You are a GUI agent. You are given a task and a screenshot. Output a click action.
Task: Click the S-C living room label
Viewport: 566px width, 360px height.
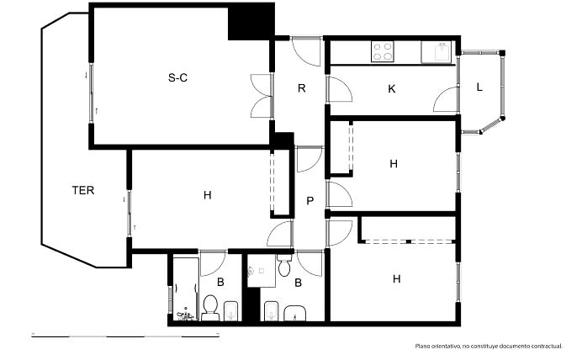point(177,77)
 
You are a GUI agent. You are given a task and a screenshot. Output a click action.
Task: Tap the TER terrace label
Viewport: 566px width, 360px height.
point(83,190)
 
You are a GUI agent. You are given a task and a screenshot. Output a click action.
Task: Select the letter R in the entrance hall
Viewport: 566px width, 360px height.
point(302,88)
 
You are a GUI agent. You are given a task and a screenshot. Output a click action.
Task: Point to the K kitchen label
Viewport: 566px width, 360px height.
point(392,88)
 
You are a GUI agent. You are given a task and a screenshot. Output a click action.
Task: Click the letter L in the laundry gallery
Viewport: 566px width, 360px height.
point(479,87)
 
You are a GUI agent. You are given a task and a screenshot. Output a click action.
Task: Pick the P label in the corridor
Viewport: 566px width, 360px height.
point(309,201)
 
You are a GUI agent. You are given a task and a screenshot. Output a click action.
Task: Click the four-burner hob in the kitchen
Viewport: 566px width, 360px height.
point(383,51)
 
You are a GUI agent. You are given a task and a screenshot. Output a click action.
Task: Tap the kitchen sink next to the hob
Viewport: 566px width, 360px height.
point(436,52)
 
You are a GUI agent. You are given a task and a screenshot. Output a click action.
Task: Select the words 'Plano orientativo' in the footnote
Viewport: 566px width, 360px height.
point(437,347)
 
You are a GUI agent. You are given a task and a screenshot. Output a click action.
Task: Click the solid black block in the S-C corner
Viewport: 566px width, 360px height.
point(251,22)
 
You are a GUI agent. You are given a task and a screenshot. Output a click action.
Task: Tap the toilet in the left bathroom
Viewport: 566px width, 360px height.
point(210,308)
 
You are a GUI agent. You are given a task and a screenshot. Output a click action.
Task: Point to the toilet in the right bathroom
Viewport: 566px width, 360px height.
point(285,266)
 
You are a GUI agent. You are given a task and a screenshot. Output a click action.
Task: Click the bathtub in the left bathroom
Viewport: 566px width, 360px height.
point(185,289)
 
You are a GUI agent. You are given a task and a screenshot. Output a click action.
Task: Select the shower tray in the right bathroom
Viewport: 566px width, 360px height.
point(262,271)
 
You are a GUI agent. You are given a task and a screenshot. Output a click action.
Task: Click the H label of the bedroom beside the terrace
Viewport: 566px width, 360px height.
point(207,195)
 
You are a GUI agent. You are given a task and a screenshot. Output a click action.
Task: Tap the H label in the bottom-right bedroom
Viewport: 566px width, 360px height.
point(396,278)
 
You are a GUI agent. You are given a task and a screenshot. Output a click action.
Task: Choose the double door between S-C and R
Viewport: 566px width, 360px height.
point(261,96)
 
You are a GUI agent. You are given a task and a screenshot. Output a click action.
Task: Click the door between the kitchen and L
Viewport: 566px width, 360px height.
point(446,99)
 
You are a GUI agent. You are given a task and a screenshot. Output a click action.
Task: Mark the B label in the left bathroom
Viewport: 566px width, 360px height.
point(220,282)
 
